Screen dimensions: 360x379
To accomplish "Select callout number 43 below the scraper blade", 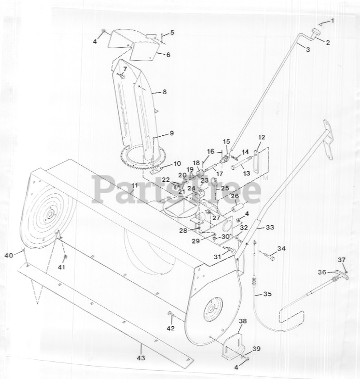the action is click(141, 358).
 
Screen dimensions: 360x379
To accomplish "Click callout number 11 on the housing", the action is click(135, 186).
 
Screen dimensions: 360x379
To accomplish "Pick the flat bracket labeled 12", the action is click(256, 162).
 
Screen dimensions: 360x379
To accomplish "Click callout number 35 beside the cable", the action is click(267, 294).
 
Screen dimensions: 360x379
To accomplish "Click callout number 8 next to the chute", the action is click(164, 92).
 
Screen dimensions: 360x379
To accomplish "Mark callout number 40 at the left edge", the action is click(9, 255).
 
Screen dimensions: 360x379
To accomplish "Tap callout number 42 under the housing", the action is click(171, 328).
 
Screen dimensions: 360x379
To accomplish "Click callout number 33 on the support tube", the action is click(270, 227).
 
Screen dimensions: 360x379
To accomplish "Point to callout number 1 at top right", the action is click(332, 21).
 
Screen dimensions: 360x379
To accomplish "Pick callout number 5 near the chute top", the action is click(172, 32).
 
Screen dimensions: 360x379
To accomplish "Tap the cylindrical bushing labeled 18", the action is click(201, 173).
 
